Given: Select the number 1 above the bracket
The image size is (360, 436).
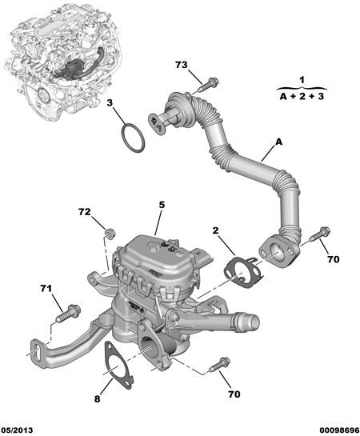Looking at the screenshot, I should [x=302, y=80].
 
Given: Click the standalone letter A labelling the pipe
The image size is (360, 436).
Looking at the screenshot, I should [x=279, y=142].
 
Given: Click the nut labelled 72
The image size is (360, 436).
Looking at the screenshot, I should [x=111, y=233].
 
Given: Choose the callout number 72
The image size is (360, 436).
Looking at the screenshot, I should [x=86, y=213].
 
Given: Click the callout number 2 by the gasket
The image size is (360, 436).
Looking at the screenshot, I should [x=215, y=230].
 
